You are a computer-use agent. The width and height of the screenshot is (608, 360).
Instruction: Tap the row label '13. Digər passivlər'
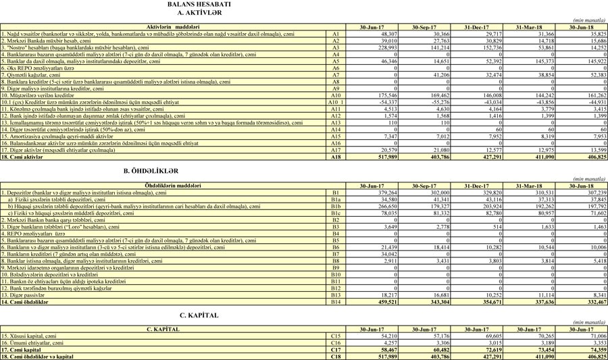[26, 296]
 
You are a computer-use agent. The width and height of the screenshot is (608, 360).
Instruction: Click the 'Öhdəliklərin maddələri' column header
[163, 186]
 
